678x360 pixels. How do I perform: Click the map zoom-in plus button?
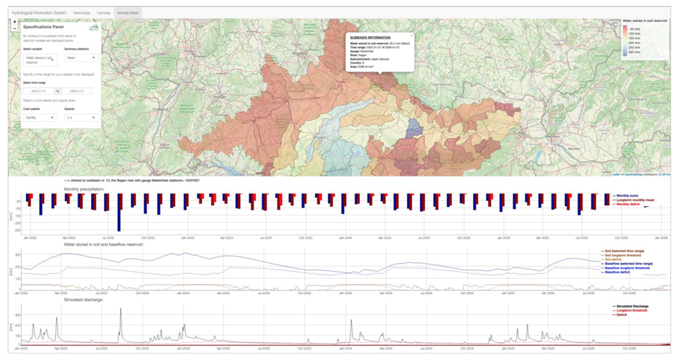(x=15, y=22)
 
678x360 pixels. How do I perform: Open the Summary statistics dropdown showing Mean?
(x=82, y=57)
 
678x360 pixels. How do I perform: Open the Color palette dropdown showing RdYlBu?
(x=40, y=116)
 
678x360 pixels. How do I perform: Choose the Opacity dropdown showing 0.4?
(x=82, y=116)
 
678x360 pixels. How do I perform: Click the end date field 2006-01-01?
(x=80, y=91)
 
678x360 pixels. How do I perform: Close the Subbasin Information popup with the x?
(x=412, y=35)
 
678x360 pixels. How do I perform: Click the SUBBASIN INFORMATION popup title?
(x=369, y=38)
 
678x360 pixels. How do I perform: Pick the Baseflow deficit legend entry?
(x=627, y=273)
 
